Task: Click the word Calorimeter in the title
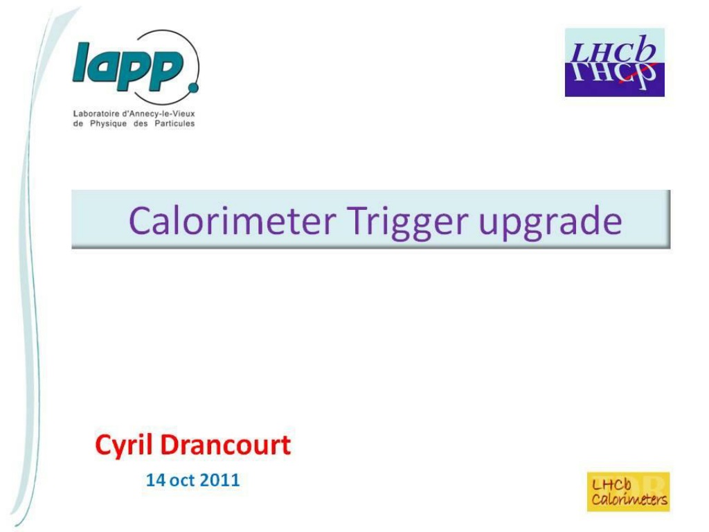[x=233, y=221]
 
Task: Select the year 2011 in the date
[x=219, y=480]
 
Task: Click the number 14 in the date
[x=156, y=480]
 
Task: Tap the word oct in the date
[x=182, y=481]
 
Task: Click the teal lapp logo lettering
[x=128, y=66]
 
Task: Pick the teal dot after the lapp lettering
[x=194, y=87]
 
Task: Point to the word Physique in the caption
[x=108, y=124]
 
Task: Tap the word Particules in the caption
[x=174, y=123]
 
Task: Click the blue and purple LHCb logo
[x=615, y=62]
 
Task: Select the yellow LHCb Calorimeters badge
[x=629, y=493]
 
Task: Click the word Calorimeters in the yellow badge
[x=629, y=499]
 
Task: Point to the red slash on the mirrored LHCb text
[x=637, y=76]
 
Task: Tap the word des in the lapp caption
[x=141, y=123]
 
